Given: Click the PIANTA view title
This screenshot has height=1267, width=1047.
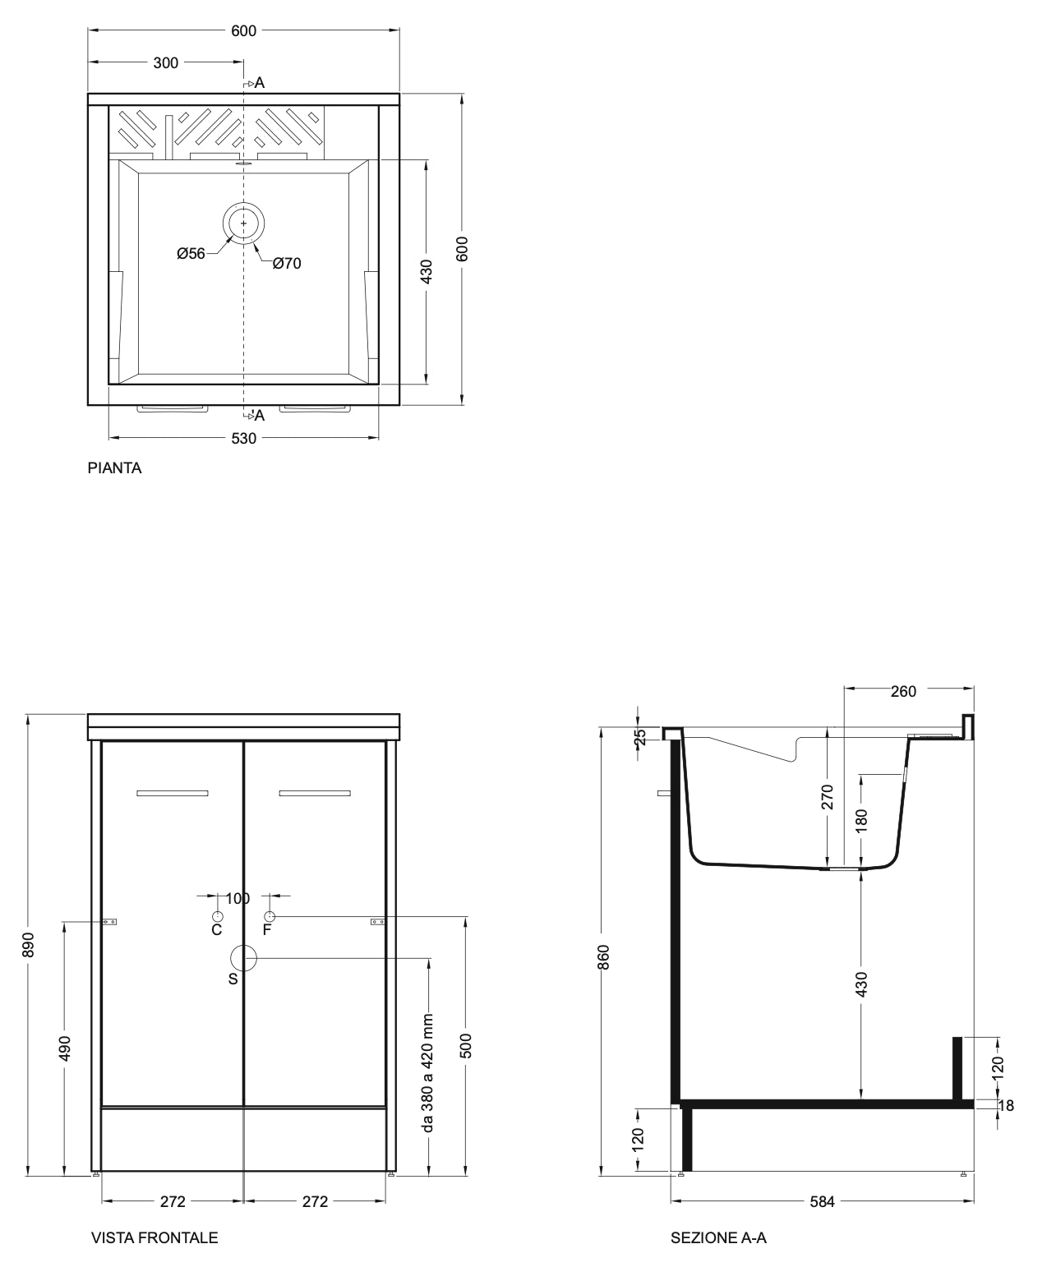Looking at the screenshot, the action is point(115,468).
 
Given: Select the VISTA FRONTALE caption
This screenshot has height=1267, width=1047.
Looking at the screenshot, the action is point(155,1238).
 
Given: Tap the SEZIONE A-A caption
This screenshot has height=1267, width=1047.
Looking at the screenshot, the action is point(718,1238).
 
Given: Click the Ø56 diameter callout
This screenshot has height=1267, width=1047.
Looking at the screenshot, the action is point(191,254).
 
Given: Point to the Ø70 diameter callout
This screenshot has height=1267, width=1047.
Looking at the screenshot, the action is point(287,264).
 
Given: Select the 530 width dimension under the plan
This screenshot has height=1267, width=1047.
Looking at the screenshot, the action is point(243,438).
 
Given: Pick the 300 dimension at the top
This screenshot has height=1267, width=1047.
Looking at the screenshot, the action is point(166,63).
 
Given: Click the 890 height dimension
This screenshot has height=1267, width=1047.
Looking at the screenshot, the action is point(28,945).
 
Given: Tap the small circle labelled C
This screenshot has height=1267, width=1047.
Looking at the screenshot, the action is point(218,916).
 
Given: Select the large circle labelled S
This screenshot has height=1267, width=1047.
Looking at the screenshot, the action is point(244,958).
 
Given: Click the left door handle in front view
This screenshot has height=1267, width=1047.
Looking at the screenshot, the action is point(173,793).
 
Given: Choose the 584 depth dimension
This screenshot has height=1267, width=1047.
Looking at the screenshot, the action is point(823,1201).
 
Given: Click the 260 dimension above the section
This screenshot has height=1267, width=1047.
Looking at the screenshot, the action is point(903,692).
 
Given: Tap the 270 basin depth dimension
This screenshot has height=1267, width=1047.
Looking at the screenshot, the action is point(828,797).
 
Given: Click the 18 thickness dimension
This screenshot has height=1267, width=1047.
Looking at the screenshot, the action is point(1007,1106).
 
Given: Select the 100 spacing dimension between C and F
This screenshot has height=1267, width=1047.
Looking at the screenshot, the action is point(238,898).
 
